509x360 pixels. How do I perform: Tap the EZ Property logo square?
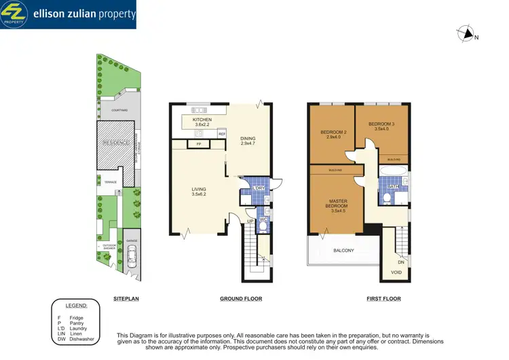point(14,14)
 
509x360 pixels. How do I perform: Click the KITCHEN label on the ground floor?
point(202,120)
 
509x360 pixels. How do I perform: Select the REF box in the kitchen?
point(221,134)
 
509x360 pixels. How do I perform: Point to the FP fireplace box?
point(199,144)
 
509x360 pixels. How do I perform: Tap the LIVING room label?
point(199,190)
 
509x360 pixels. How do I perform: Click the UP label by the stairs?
point(249,221)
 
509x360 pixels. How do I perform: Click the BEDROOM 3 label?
point(381,124)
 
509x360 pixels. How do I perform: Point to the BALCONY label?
point(343,251)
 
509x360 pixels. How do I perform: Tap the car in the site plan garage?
point(130,257)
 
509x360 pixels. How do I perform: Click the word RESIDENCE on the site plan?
point(116,143)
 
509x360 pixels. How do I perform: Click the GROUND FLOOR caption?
point(241,299)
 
